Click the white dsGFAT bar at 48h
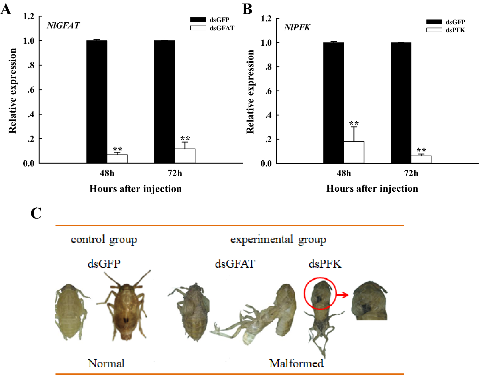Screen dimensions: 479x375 (117, 159)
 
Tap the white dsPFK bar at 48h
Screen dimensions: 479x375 (354, 152)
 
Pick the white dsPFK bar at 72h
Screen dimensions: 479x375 (421, 159)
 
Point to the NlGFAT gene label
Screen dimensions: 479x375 (63, 26)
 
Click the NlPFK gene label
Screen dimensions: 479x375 (297, 27)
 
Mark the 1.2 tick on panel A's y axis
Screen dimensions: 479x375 (29, 16)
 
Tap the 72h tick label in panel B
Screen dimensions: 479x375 (411, 173)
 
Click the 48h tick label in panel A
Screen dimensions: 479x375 (107, 173)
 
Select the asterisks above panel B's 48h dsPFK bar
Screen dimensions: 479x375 (354, 123)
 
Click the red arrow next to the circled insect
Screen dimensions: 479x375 (343, 295)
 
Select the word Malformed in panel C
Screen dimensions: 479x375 (296, 363)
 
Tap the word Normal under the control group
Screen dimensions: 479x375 (106, 363)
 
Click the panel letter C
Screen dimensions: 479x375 (36, 213)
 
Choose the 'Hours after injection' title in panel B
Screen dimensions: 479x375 (372, 188)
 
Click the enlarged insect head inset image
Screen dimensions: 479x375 (369, 301)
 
